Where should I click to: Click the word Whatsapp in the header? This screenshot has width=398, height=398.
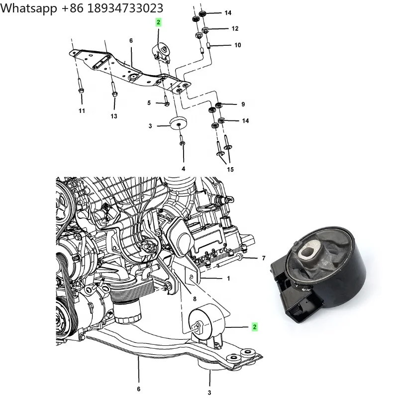27,8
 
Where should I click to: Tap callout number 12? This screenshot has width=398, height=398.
235,29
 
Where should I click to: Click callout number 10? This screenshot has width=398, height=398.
237,45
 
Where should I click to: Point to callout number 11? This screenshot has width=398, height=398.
82,110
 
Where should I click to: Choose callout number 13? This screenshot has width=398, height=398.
114,116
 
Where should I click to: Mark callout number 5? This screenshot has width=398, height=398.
149,103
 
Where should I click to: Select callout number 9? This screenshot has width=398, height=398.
243,104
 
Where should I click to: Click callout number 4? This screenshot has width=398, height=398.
183,169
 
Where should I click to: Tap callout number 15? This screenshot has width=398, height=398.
230,170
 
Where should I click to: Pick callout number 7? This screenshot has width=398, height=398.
264,258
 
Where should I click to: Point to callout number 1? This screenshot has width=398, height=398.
228,279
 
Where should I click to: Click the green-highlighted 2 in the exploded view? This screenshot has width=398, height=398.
158,22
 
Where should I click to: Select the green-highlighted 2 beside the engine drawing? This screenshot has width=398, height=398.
254,327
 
